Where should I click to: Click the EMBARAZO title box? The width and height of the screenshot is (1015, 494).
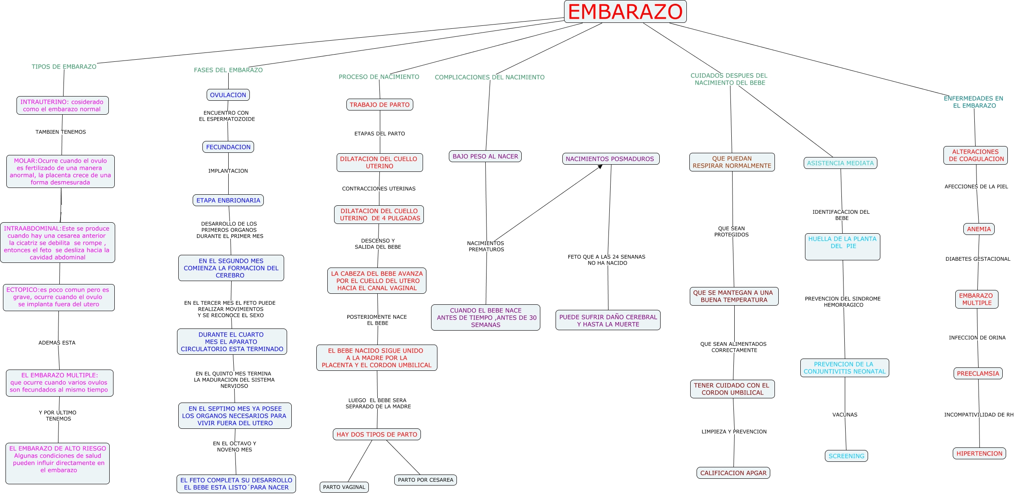pyautogui.click(x=625, y=12)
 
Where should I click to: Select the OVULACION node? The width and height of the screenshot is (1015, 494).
pyautogui.click(x=228, y=95)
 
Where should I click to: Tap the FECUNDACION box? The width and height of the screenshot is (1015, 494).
pyautogui.click(x=228, y=147)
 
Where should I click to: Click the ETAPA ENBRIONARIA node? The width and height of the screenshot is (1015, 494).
pyautogui.click(x=228, y=200)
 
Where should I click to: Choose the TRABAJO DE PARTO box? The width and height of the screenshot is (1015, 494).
pyautogui.click(x=379, y=105)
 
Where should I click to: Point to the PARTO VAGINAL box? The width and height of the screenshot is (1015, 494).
pyautogui.click(x=344, y=487)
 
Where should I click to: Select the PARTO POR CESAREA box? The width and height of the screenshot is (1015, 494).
pyautogui.click(x=425, y=480)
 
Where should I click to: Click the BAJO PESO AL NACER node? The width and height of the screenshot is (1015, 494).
pyautogui.click(x=485, y=156)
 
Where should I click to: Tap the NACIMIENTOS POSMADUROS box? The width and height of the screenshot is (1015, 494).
pyautogui.click(x=610, y=159)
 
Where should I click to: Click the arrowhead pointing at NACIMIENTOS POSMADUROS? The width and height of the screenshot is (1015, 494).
pyautogui.click(x=600, y=167)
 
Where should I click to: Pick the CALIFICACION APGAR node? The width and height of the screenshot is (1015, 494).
pyautogui.click(x=733, y=473)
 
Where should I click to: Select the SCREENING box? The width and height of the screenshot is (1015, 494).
pyautogui.click(x=846, y=456)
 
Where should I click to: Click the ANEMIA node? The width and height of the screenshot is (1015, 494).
pyautogui.click(x=979, y=229)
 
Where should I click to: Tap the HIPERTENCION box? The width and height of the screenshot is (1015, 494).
pyautogui.click(x=979, y=453)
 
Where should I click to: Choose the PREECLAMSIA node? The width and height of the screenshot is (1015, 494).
pyautogui.click(x=978, y=373)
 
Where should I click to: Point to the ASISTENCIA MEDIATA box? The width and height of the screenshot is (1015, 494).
pyautogui.click(x=840, y=163)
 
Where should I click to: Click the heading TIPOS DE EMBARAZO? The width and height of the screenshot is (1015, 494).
pyautogui.click(x=64, y=66)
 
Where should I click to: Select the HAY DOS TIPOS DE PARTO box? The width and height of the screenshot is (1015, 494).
pyautogui.click(x=376, y=434)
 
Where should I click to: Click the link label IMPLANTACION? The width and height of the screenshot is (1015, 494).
pyautogui.click(x=228, y=171)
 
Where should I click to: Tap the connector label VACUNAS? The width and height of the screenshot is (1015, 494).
pyautogui.click(x=844, y=415)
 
